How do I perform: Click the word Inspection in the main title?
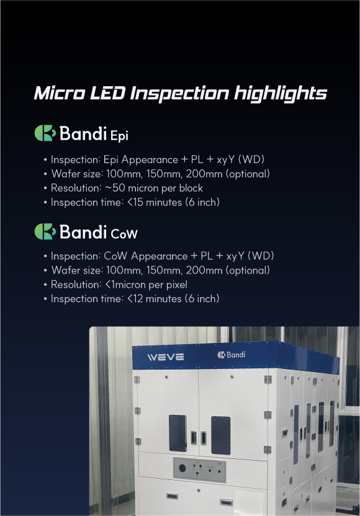[179, 94]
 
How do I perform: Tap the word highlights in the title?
[281, 94]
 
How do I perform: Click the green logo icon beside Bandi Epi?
[45, 133]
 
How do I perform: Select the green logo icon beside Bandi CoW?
[45, 231]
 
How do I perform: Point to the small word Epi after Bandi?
[119, 136]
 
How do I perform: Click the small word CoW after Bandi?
[124, 234]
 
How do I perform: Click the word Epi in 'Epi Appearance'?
[111, 160]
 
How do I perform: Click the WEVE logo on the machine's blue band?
[165, 357]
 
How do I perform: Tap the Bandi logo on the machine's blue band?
[232, 355]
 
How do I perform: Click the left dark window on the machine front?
[178, 433]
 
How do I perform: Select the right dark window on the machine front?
[220, 435]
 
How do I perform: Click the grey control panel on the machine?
[200, 470]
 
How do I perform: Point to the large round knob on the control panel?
[182, 468]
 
